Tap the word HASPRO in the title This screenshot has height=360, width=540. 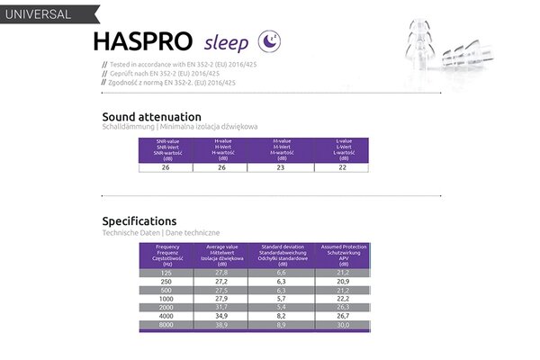click(141, 42)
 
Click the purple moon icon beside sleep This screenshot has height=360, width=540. click(267, 41)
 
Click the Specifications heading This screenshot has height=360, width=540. click(139, 220)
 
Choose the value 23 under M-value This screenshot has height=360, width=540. click(281, 166)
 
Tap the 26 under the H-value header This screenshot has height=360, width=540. click(222, 166)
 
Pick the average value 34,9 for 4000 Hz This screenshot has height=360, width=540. click(220, 318)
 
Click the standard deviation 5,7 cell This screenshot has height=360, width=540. click(281, 298)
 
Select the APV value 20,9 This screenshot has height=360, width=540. click(343, 282)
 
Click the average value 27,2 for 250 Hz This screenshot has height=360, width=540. click(220, 282)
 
